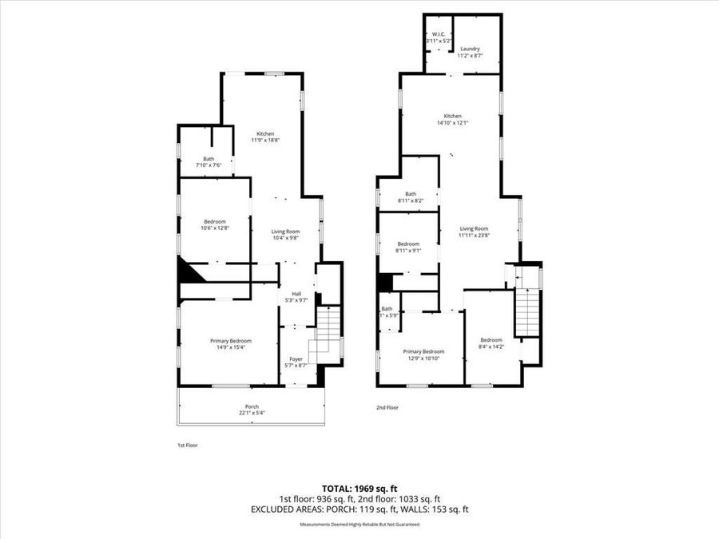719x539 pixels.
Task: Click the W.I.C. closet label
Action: tap(438, 34)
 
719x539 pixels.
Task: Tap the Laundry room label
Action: tap(470, 49)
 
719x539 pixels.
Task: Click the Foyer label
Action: tap(296, 359)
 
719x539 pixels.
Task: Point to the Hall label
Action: tap(296, 293)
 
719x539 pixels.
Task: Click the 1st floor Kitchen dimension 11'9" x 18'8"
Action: tap(265, 141)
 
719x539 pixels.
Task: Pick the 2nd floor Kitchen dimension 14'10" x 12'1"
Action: tap(453, 123)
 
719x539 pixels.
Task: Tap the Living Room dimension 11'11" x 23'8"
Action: tap(474, 236)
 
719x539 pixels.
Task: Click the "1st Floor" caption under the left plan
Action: tap(187, 446)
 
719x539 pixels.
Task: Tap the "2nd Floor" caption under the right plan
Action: tap(387, 407)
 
